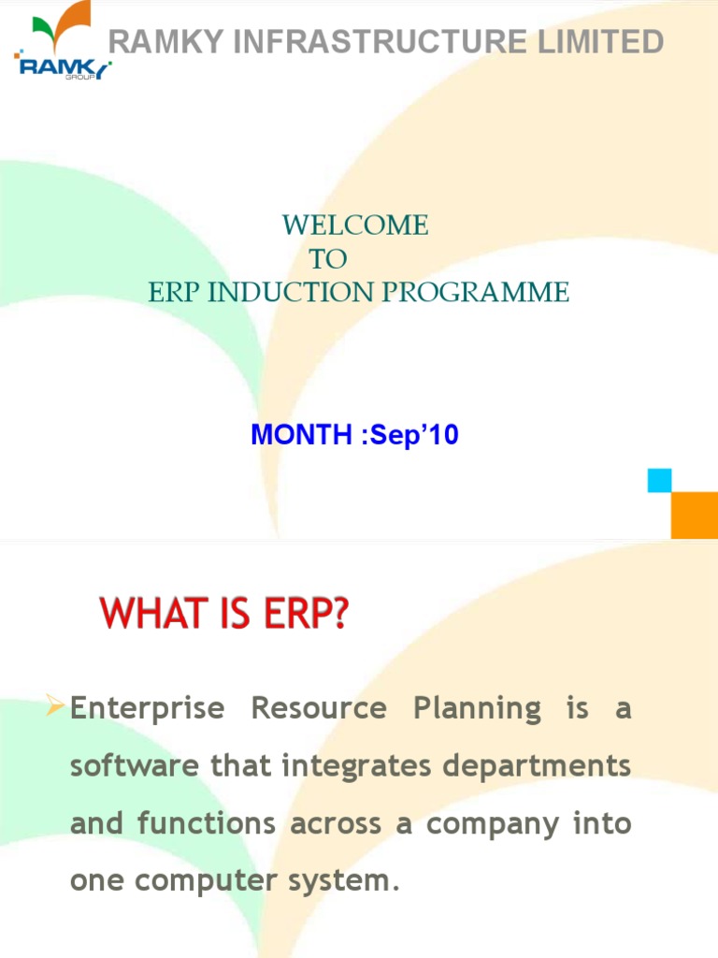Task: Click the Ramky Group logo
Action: (62, 46)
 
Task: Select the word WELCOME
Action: (355, 225)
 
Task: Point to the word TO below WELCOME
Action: (327, 259)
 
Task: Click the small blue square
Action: (660, 481)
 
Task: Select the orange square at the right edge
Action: (696, 515)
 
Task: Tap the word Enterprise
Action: (148, 709)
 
